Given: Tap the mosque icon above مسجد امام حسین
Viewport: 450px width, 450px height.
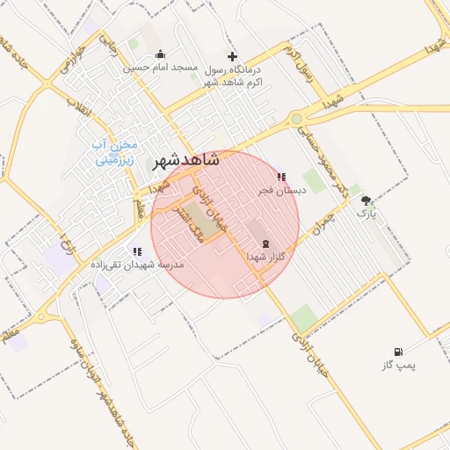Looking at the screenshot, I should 159,54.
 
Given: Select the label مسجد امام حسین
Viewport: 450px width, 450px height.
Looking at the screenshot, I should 159,68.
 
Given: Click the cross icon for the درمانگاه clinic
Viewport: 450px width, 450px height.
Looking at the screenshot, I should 232,55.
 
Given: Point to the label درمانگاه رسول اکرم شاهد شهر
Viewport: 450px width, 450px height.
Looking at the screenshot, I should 233,75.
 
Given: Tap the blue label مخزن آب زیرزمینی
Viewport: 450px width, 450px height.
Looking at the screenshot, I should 117,152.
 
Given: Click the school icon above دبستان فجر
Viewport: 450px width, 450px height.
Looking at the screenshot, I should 280,177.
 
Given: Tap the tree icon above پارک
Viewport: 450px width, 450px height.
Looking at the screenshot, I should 366,200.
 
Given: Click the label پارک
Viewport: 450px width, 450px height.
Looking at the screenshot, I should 366,213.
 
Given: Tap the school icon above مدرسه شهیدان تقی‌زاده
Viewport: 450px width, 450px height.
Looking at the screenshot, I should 136,251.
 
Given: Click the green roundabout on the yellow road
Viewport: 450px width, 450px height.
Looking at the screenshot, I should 297,119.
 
